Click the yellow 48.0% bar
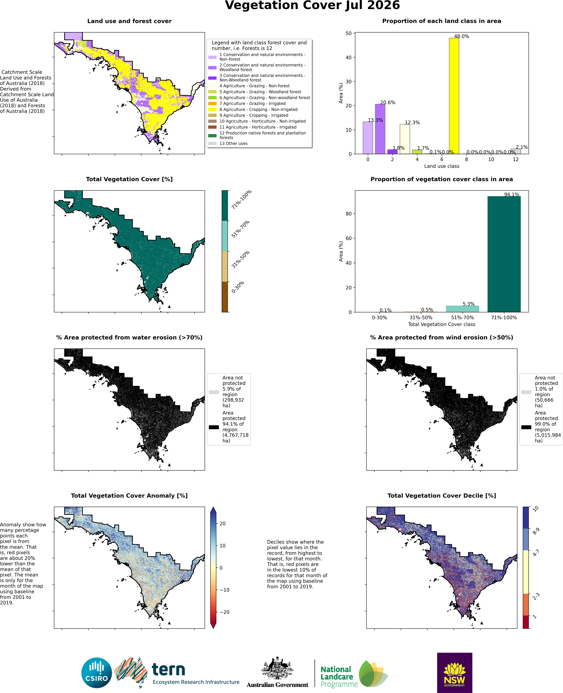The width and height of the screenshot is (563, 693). (x=454, y=96)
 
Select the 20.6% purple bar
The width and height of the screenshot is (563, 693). (x=380, y=129)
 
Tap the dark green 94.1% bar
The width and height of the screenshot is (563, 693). (x=504, y=254)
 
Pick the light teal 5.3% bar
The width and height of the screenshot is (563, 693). (x=462, y=309)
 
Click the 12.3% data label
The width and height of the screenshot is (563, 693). (x=412, y=122)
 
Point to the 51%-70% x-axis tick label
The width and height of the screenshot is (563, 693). (x=462, y=318)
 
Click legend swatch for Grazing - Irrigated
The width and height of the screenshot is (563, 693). (x=212, y=103)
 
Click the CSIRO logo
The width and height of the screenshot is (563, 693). (x=97, y=673)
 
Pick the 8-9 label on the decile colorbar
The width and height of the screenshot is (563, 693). (x=536, y=531)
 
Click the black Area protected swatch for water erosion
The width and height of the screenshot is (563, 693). (x=214, y=427)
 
